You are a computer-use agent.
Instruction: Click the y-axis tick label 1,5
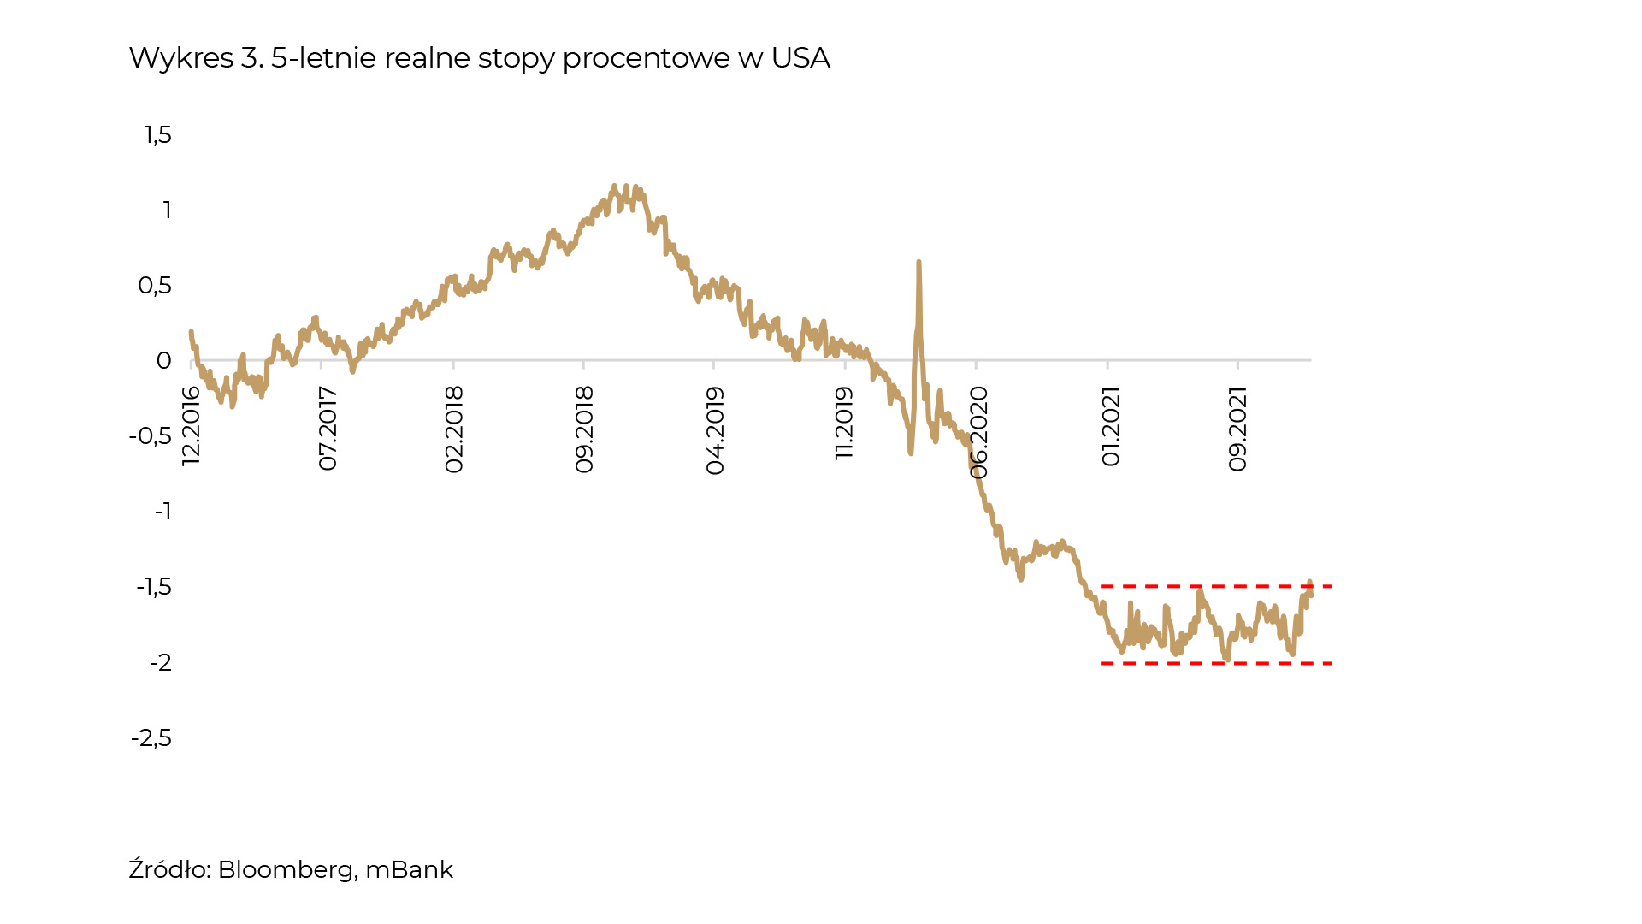point(158,135)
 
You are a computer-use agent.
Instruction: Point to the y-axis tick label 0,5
point(155,286)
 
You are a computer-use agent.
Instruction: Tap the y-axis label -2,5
point(151,738)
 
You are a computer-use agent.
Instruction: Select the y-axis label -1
point(162,512)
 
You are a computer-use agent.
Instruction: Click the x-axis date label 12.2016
point(191,425)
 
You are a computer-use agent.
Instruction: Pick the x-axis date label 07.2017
point(328,428)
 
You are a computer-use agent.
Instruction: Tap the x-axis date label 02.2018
point(453,429)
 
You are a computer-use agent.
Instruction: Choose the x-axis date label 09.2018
point(584,429)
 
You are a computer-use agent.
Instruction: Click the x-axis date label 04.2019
point(715,430)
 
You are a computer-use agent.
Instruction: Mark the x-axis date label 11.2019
point(845,423)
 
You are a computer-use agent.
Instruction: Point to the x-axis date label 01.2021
point(1110,426)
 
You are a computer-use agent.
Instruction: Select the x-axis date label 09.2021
point(1237,429)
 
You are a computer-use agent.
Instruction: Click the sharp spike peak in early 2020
point(918,263)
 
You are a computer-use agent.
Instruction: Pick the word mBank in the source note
point(409,869)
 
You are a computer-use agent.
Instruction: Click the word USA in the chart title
point(800,58)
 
